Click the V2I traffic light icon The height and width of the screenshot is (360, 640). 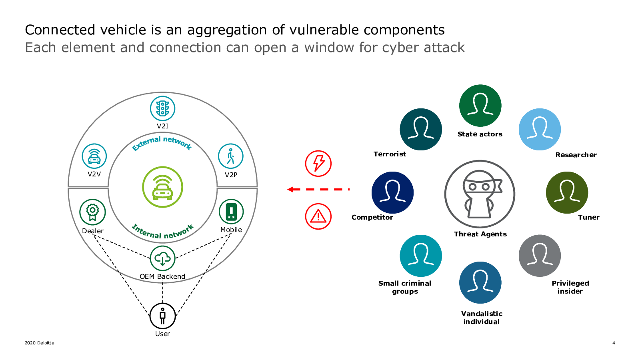pyautogui.click(x=162, y=108)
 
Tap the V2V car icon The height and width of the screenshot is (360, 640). pyautogui.click(x=94, y=156)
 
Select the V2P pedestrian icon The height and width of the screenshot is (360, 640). pyautogui.click(x=230, y=156)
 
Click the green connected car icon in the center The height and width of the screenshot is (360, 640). pyautogui.click(x=162, y=187)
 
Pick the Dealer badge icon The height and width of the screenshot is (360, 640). pyautogui.click(x=92, y=212)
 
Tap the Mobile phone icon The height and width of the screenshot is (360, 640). pyautogui.click(x=231, y=212)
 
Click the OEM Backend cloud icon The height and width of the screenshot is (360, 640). pyautogui.click(x=162, y=258)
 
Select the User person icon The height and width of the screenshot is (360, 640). pyautogui.click(x=162, y=316)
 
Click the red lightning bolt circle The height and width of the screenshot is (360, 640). pyautogui.click(x=318, y=164)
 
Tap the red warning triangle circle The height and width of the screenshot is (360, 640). pyautogui.click(x=318, y=216)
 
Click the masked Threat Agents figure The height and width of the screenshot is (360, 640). pyautogui.click(x=480, y=194)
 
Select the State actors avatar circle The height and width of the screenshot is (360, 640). pyautogui.click(x=480, y=106)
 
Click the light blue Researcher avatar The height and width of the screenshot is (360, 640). pyautogui.click(x=540, y=129)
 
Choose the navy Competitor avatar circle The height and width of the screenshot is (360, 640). pyautogui.click(x=392, y=192)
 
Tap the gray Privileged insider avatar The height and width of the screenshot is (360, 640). pyautogui.click(x=540, y=256)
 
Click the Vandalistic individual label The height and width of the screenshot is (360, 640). pyautogui.click(x=482, y=318)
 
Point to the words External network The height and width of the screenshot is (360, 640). pyautogui.click(x=162, y=143)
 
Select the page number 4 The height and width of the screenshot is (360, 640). pyautogui.click(x=614, y=343)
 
